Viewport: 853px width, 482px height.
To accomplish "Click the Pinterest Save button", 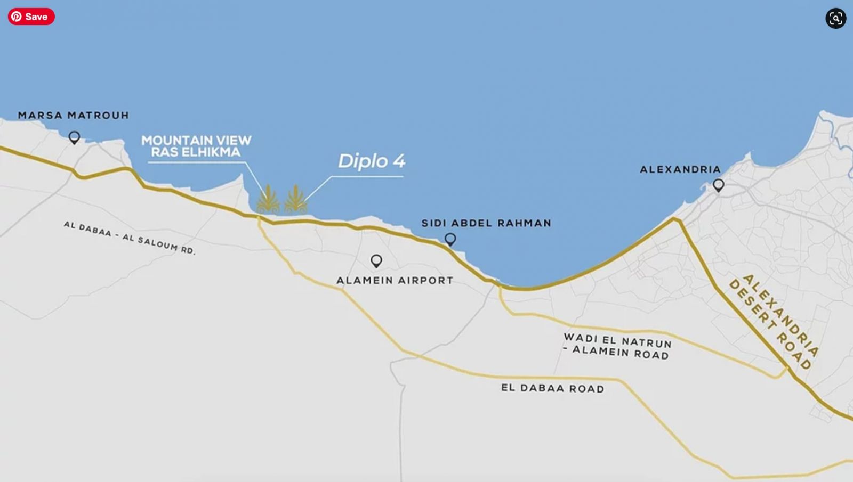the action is [x=31, y=17].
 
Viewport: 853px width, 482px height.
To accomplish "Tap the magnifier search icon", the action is [x=835, y=19].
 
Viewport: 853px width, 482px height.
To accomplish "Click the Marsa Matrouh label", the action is [x=74, y=115].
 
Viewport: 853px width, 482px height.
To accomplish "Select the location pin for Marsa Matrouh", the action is [x=74, y=137].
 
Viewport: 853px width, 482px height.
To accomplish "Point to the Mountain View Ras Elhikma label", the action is [x=196, y=146].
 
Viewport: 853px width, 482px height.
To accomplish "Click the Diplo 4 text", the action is [x=372, y=161].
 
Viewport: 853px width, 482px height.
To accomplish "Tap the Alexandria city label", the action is [x=680, y=169].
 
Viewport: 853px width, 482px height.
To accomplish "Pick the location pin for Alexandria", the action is [x=718, y=185].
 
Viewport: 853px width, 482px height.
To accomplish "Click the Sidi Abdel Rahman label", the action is [x=486, y=223].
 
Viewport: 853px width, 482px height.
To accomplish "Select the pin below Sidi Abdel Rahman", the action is [x=450, y=239].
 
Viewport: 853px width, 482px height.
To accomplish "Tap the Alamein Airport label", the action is [x=395, y=280].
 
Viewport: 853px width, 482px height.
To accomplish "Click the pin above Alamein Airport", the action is [x=376, y=260].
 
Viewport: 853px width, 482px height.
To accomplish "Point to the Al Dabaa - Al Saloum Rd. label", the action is [x=130, y=238].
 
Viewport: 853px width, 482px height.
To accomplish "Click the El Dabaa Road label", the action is [x=552, y=388].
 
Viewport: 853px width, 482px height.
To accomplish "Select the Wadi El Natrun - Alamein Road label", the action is [x=617, y=346].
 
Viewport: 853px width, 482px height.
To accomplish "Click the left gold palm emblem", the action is [x=268, y=200].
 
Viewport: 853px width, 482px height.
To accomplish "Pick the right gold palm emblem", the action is [x=295, y=200].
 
